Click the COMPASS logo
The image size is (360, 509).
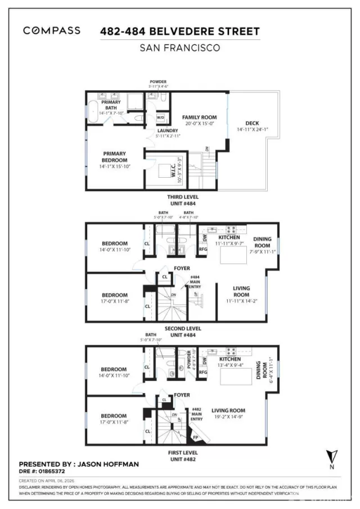tap(51, 31)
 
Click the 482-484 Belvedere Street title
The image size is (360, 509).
tap(179, 31)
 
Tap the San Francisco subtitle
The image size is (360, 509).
tap(179, 48)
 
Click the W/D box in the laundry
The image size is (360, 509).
tap(160, 118)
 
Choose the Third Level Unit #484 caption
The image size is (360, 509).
tap(179, 200)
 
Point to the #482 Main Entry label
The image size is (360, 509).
tap(196, 414)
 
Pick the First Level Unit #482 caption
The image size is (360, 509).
tap(179, 456)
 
